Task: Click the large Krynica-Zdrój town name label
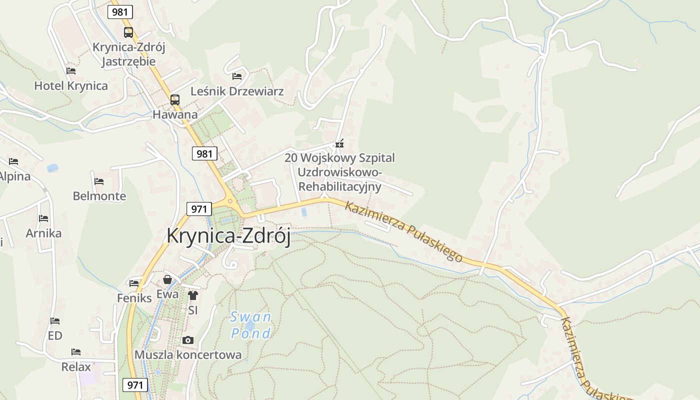coord(228,235)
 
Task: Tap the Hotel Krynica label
coord(71,85)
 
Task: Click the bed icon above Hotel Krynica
coord(71,71)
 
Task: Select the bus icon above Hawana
coord(174,99)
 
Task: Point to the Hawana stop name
coord(175,114)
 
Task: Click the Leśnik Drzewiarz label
coord(237,91)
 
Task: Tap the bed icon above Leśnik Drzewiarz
coord(237,76)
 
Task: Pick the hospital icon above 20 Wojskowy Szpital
coord(340,144)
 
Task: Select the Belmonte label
coord(99,195)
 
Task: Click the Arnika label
coord(44,233)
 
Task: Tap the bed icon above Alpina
coord(13,161)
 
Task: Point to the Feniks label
coord(134,298)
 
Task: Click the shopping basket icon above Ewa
coord(167,279)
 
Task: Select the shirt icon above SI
coord(193,295)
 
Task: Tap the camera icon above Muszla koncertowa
coord(188,340)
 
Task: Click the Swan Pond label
coord(251,324)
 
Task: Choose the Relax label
coord(76,366)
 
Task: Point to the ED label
coord(55,335)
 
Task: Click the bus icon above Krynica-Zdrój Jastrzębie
coord(128,32)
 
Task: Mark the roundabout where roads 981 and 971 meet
coord(231,201)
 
